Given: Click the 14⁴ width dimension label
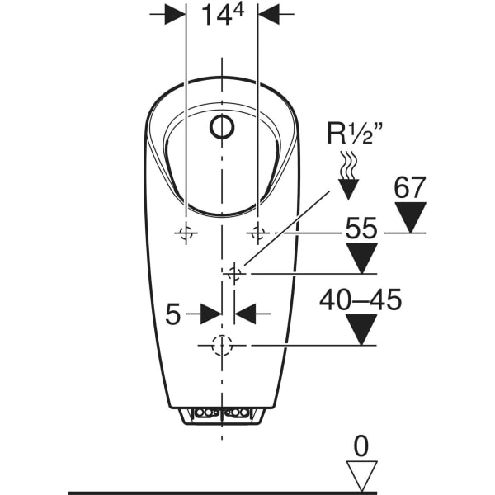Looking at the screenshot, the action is [x=223, y=15].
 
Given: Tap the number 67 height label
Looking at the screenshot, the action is [x=410, y=187].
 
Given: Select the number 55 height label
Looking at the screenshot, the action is [x=361, y=228].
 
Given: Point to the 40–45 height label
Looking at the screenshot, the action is [x=361, y=299].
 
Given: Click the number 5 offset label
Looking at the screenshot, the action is [x=173, y=314].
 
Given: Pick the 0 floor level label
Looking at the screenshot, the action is [x=361, y=446].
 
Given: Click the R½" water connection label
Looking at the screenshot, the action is [x=355, y=134].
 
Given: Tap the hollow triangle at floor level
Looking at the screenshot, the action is [x=362, y=476].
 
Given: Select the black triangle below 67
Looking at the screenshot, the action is [x=410, y=217].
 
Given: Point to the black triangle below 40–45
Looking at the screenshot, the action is [x=361, y=329].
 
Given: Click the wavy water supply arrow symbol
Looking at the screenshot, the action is [x=348, y=175].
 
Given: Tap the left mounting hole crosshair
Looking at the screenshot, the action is [x=186, y=233].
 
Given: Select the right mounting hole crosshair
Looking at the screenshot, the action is [x=258, y=233].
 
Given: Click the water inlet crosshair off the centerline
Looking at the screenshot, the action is [x=234, y=273].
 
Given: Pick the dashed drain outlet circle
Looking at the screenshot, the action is [x=222, y=346].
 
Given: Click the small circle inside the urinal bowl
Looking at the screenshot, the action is [x=222, y=127].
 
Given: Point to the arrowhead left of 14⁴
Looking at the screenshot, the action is [x=175, y=14].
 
